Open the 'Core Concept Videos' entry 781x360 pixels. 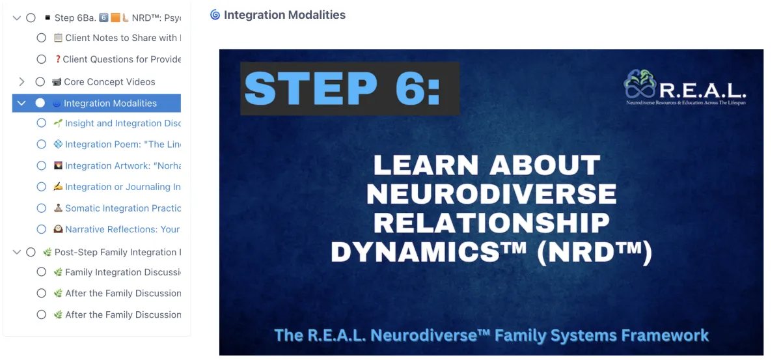click(109, 82)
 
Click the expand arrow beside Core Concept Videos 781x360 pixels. click(21, 82)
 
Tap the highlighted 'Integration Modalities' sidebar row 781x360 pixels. click(109, 103)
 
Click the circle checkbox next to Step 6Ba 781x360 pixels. click(31, 18)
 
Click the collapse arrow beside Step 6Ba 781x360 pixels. click(17, 18)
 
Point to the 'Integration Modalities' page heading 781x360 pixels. click(284, 15)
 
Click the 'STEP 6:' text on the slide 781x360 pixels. click(343, 88)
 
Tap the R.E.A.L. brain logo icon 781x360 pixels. click(640, 84)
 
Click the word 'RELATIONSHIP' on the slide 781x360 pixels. click(491, 223)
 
